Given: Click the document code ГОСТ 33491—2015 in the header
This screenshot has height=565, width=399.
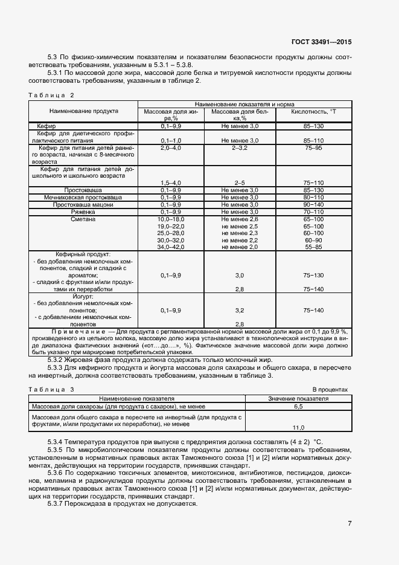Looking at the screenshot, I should point(321,42).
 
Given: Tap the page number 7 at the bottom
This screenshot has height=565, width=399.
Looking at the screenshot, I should point(350,523).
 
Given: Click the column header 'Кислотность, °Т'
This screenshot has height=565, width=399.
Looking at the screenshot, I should point(313,112).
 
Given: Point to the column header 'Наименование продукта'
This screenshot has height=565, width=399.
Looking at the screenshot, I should point(84,111).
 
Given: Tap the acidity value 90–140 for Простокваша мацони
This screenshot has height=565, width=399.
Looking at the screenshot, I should point(313,205).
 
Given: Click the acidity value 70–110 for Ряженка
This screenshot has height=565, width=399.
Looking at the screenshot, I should point(313,212).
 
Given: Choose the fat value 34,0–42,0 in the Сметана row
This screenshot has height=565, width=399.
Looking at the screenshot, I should point(170,247).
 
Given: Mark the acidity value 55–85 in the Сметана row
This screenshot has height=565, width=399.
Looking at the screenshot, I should point(313,247).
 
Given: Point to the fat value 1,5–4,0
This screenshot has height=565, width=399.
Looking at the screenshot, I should point(170,182).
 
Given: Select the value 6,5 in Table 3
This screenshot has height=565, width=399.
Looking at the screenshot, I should point(298,407).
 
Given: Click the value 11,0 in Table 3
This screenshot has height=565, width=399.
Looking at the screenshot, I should point(298,427).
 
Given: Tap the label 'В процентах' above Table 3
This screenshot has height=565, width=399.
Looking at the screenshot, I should point(331,390).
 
